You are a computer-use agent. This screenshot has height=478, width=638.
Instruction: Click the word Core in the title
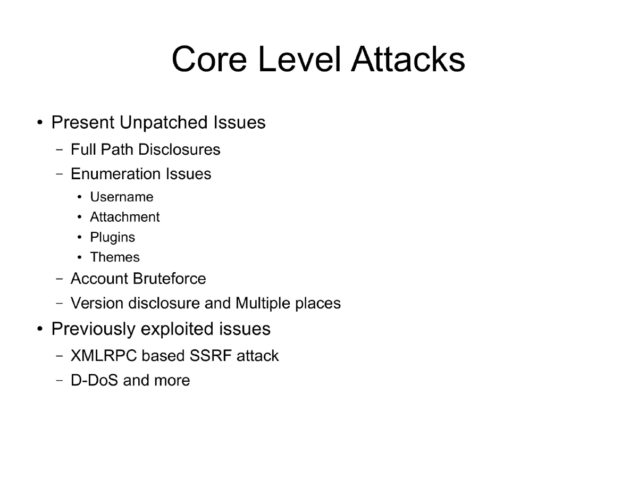pyautogui.click(x=209, y=59)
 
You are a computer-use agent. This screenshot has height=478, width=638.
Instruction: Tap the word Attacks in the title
pyautogui.click(x=408, y=59)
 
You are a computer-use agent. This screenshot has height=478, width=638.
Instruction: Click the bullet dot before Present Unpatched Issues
pyautogui.click(x=40, y=123)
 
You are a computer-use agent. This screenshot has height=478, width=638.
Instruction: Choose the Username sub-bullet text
pyautogui.click(x=122, y=197)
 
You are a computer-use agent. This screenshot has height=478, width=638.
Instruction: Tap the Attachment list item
pyautogui.click(x=124, y=217)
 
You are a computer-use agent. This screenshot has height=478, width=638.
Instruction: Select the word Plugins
pyautogui.click(x=112, y=237)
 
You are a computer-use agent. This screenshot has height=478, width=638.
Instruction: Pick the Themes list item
pyautogui.click(x=115, y=257)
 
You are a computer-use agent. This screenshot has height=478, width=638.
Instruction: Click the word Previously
pyautogui.click(x=94, y=329)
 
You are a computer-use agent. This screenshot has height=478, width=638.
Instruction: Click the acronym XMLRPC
pyautogui.click(x=104, y=356)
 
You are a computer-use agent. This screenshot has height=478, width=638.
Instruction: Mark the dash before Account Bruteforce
pyautogui.click(x=60, y=279)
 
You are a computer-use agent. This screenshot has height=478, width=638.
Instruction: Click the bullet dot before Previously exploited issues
pyautogui.click(x=40, y=330)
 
